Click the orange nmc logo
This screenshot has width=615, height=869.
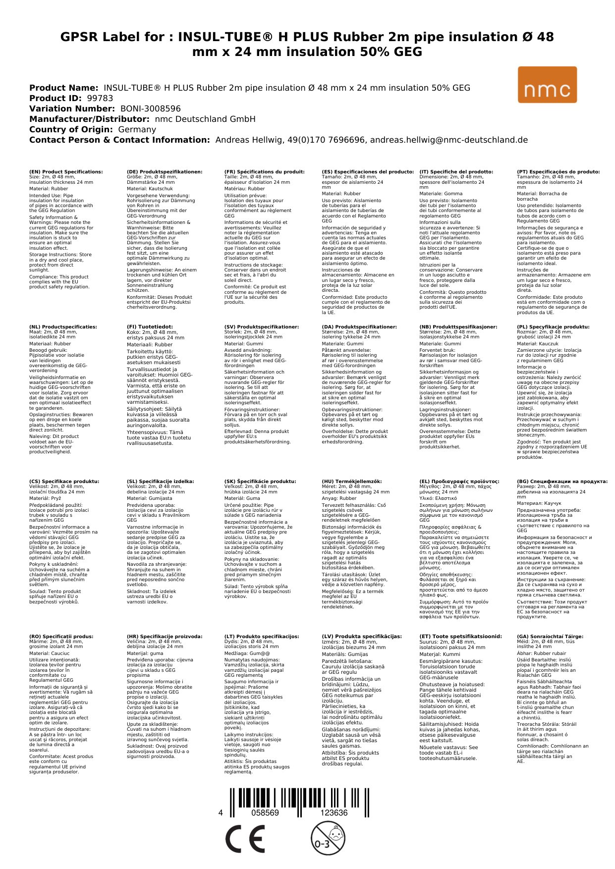click(547, 85)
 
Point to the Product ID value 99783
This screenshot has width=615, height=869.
click(100, 98)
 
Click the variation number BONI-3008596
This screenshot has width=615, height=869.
click(151, 109)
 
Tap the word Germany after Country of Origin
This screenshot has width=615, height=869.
click(137, 129)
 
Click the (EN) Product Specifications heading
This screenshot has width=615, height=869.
click(66, 172)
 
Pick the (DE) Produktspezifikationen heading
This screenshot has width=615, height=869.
click(165, 172)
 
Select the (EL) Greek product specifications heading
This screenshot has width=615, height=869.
click(459, 482)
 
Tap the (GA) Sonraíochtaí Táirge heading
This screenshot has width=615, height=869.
click(550, 637)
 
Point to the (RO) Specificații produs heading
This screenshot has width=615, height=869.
click(61, 637)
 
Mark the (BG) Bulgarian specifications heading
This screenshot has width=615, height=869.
click(562, 482)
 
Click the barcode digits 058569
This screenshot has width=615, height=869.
click(265, 813)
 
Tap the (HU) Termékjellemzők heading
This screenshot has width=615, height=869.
click(352, 482)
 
